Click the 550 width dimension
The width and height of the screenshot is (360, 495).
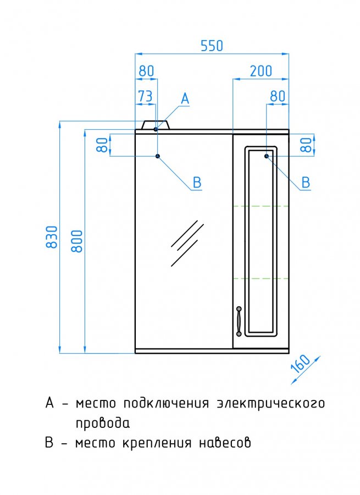pyautogui.click(x=212, y=46)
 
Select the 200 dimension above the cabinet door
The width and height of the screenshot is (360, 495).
pyautogui.click(x=261, y=71)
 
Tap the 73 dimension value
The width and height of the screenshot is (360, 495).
pyautogui.click(x=145, y=96)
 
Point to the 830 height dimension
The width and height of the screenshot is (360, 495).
pyautogui.click(x=52, y=237)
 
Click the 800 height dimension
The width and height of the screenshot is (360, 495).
pyautogui.click(x=77, y=240)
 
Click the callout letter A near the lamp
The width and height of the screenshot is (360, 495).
pyautogui.click(x=185, y=99)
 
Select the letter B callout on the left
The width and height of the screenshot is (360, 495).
pyautogui.click(x=196, y=182)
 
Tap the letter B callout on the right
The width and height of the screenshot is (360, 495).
pyautogui.click(x=306, y=182)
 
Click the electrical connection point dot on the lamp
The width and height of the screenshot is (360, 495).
pyautogui.click(x=156, y=129)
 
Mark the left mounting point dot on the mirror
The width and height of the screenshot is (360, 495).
pyautogui.click(x=158, y=156)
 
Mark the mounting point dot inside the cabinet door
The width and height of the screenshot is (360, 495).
pyautogui.click(x=267, y=156)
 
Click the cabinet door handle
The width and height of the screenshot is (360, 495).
pyautogui.click(x=239, y=320)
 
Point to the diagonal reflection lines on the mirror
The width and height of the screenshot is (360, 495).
pyautogui.click(x=187, y=242)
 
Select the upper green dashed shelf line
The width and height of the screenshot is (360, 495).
pyautogui.click(x=261, y=206)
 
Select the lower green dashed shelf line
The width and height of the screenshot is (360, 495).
pyautogui.click(x=261, y=278)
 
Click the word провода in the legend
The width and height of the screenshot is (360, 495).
pyautogui.click(x=103, y=424)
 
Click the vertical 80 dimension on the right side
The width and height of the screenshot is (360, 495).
pyautogui.click(x=308, y=145)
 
